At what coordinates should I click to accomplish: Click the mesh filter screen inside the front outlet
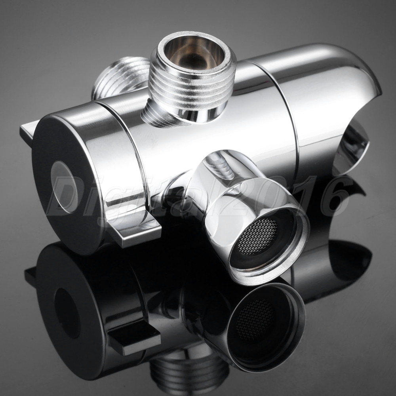pos(258,236)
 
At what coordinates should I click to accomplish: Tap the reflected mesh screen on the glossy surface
pos(255,320)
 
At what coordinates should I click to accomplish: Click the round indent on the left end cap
pos(65,187)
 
